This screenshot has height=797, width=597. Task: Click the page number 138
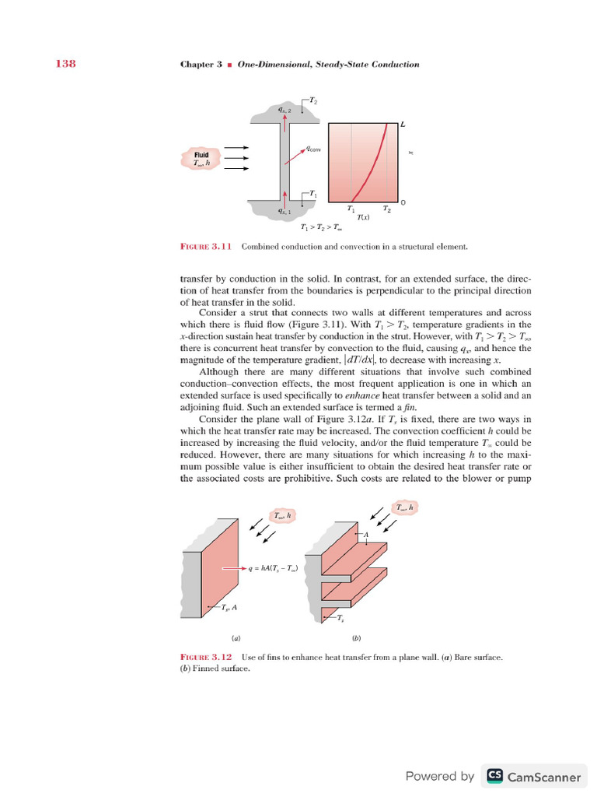pos(64,64)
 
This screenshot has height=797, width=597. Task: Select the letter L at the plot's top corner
pos(403,124)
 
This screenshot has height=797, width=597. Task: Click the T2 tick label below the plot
pos(387,209)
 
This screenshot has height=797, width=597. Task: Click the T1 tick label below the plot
pos(351,209)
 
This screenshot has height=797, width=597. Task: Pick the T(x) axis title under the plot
pos(363,218)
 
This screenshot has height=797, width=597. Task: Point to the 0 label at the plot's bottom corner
pos(403,203)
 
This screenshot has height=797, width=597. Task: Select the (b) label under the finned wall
pos(357,639)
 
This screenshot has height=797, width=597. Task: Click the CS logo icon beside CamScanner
pos(494,776)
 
